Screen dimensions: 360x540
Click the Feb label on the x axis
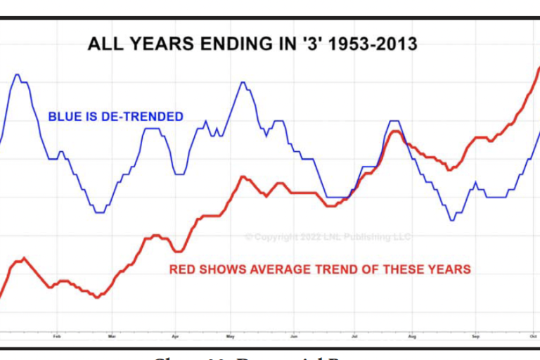click(56, 336)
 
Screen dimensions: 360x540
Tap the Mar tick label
click(111, 336)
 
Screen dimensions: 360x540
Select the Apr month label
click(175, 336)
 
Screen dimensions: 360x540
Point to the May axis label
click(230, 336)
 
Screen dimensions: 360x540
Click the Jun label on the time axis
click(294, 336)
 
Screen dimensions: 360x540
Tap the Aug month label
click(413, 336)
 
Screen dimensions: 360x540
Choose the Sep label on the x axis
click(475, 336)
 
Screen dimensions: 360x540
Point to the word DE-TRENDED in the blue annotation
click(143, 117)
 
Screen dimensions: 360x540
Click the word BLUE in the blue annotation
click(62, 117)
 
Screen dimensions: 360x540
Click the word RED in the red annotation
click(182, 269)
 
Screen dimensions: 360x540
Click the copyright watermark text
click(328, 237)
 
